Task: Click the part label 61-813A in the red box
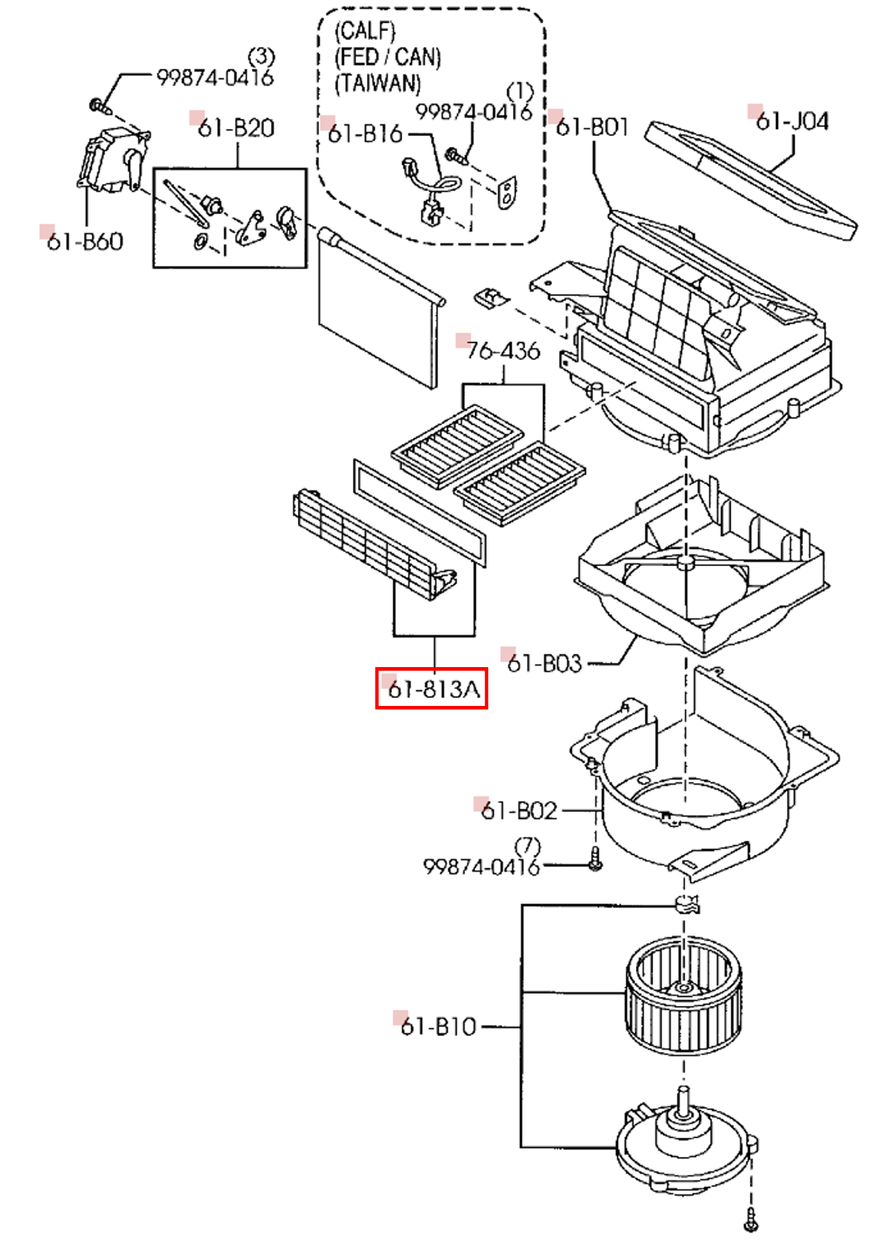(432, 689)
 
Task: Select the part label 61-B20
(236, 128)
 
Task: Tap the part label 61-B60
(84, 242)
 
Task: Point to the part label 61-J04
(791, 121)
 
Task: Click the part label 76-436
(503, 351)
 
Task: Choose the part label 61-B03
(543, 663)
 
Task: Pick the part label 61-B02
(519, 811)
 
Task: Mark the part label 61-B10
(438, 1026)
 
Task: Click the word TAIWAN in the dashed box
(378, 83)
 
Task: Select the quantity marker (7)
(528, 845)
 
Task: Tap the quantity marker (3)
(261, 57)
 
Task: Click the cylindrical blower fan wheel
(683, 993)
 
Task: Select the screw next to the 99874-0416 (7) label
(595, 859)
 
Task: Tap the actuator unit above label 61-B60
(113, 161)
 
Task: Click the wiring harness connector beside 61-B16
(428, 194)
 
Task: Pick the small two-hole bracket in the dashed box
(507, 192)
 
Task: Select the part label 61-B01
(592, 127)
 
